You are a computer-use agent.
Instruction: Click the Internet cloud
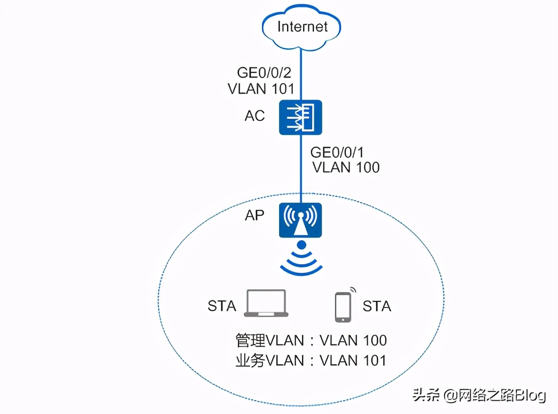click(301, 27)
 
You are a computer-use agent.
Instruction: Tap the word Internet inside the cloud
click(302, 27)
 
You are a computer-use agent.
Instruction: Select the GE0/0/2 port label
click(264, 73)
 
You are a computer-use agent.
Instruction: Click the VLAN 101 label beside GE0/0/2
click(261, 89)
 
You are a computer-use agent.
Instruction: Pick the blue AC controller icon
click(300, 117)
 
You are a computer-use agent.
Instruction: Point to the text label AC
click(255, 116)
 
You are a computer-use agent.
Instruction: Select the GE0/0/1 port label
click(337, 152)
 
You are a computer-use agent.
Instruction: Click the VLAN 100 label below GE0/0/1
click(346, 167)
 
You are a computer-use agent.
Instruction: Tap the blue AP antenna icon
click(300, 220)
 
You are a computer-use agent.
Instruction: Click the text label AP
click(254, 215)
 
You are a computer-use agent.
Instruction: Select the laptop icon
click(266, 303)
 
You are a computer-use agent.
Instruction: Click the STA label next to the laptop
click(222, 306)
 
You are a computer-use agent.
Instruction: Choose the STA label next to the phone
click(377, 306)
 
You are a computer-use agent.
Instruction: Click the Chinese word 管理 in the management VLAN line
click(251, 340)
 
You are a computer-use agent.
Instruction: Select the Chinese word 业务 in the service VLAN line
click(251, 361)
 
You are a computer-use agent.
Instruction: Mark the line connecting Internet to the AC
click(301, 74)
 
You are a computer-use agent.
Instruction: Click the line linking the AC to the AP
click(301, 169)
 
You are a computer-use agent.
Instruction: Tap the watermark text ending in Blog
click(479, 395)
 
